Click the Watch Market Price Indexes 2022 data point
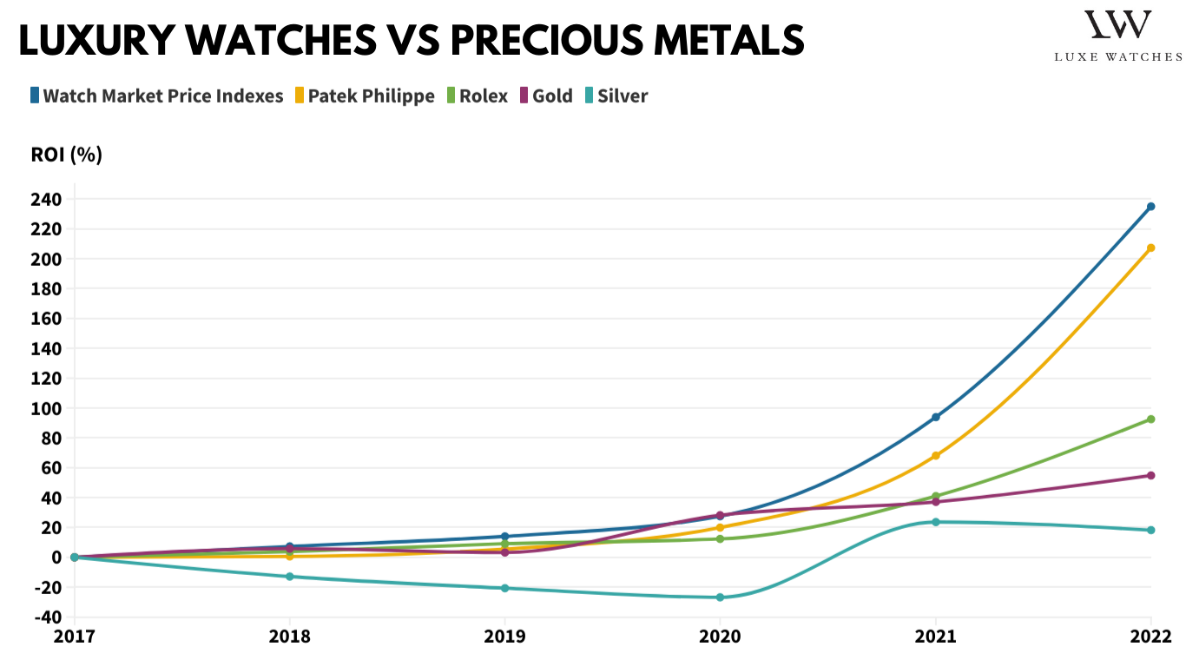click(x=1151, y=207)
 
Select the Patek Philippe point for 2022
click(x=1151, y=248)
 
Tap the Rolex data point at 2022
click(x=1151, y=419)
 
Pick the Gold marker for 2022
click(x=1151, y=475)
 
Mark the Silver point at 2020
click(x=720, y=598)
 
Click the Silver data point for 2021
click(x=936, y=522)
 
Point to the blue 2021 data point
click(x=936, y=417)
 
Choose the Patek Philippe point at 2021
click(x=936, y=455)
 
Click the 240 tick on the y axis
click(x=49, y=200)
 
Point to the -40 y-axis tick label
click(x=49, y=617)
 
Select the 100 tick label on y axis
click(x=49, y=408)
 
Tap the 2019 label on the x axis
click(x=504, y=637)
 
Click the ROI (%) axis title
click(x=67, y=155)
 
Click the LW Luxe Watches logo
click(x=1117, y=35)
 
